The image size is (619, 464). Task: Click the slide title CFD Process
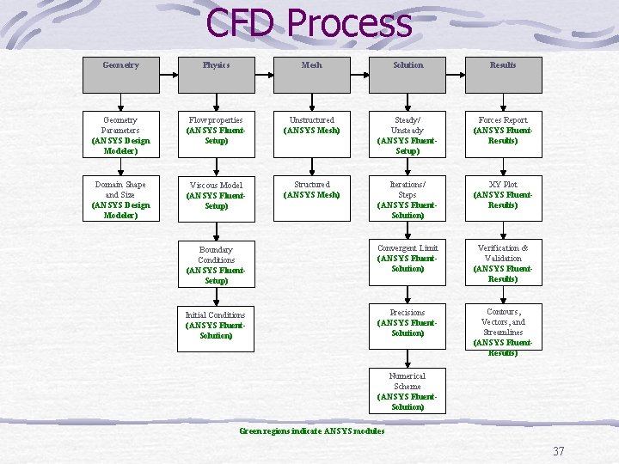(309, 23)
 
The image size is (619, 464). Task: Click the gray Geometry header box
(120, 73)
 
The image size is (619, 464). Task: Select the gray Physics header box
(216, 73)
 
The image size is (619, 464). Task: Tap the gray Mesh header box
(312, 73)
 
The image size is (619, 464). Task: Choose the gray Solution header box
(408, 73)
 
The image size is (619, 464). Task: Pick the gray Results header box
(503, 73)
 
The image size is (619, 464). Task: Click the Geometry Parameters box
(120, 135)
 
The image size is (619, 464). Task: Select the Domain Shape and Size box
(120, 199)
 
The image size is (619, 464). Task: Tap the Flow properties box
(216, 135)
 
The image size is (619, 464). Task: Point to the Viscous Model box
(216, 199)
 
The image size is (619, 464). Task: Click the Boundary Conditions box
(216, 265)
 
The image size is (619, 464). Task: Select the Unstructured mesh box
(312, 135)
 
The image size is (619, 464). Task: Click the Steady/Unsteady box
(408, 135)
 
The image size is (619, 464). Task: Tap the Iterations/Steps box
(408, 199)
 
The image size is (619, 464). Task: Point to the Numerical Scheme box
(408, 391)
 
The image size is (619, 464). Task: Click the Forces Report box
(503, 135)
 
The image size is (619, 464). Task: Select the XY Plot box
(503, 199)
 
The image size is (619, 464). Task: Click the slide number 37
(559, 451)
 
